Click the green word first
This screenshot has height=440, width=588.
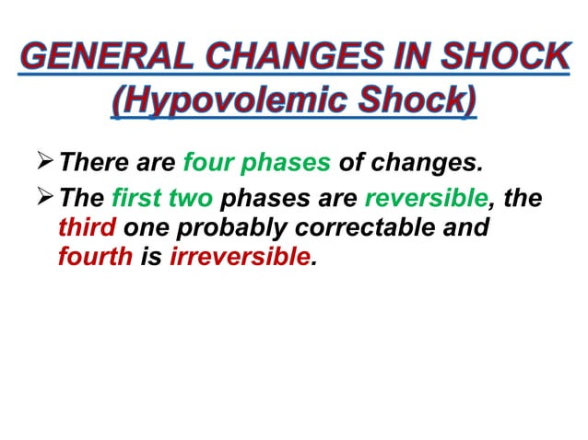coord(136,198)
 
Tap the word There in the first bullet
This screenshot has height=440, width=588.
coord(87,166)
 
